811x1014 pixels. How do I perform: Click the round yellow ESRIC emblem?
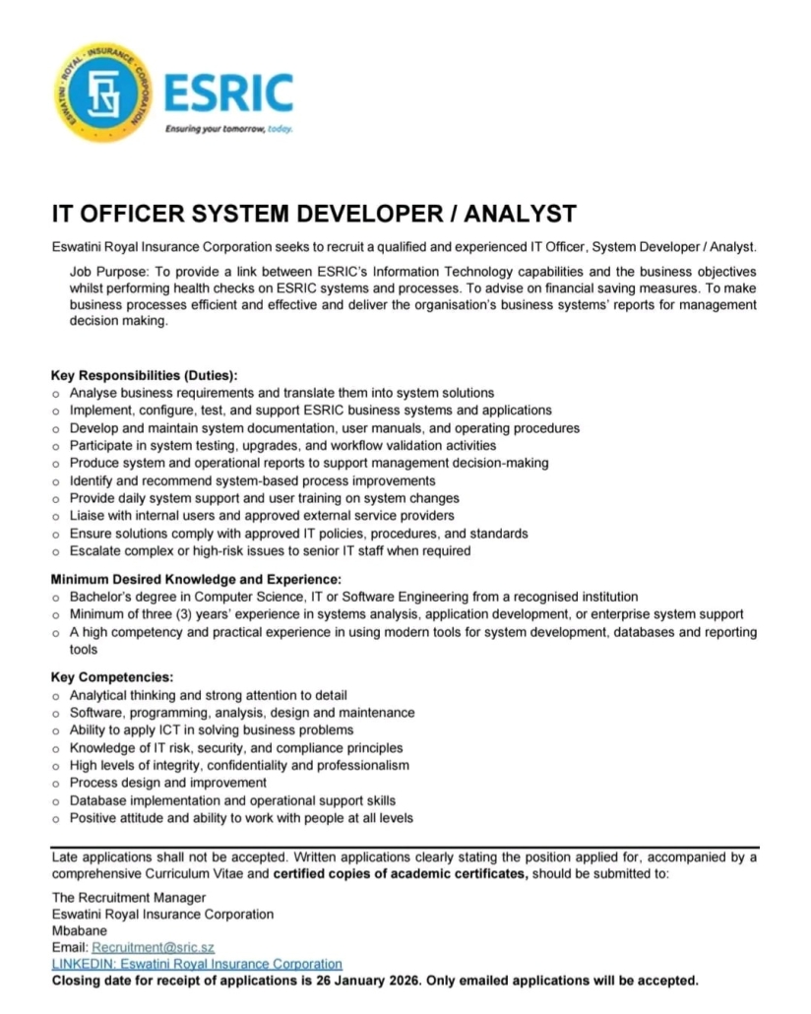click(99, 95)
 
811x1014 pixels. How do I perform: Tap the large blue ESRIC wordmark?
click(228, 95)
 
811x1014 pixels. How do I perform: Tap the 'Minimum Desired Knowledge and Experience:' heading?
click(196, 580)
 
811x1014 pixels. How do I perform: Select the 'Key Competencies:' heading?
click(112, 677)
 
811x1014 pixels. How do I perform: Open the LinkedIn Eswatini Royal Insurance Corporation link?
click(197, 964)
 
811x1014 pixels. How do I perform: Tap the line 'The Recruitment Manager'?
click(129, 897)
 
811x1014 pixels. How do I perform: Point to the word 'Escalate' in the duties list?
click(95, 551)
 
